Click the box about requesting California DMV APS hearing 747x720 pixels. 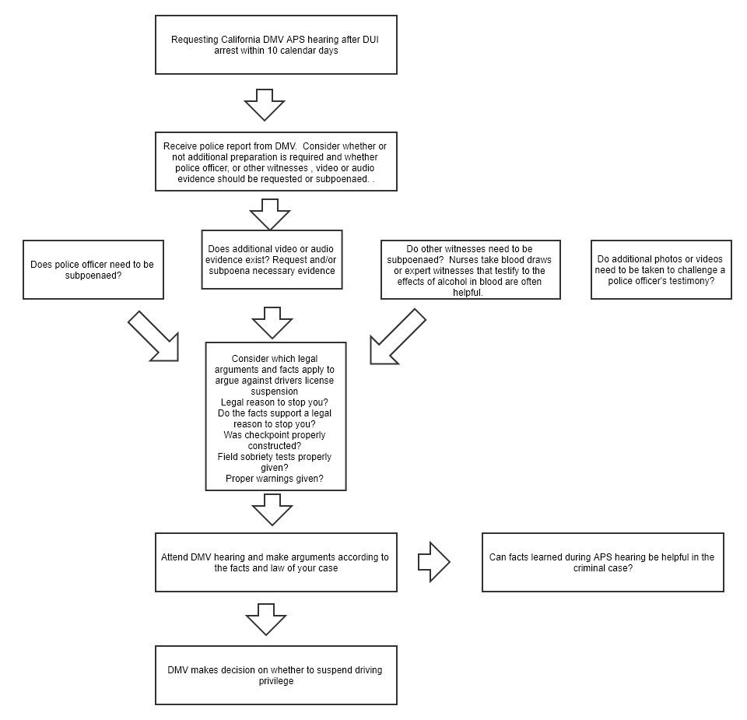point(275,45)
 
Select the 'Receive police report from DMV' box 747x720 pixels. point(275,162)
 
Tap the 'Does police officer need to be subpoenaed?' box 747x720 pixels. point(93,269)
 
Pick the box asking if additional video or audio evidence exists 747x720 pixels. point(272,260)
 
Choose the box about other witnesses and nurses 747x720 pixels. point(471,269)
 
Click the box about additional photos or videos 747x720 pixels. point(661,269)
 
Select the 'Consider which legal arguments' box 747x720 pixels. point(275,416)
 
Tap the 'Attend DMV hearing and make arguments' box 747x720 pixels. point(275,562)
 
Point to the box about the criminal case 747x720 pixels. point(603,562)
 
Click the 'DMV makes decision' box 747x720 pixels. point(275,675)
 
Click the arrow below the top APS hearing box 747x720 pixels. point(265,105)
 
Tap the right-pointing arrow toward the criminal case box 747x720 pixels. point(434,562)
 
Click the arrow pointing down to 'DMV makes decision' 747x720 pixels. point(266,620)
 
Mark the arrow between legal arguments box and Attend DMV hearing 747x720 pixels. point(272,509)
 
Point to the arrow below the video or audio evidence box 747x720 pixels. point(272,322)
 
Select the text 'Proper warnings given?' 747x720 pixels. point(275,479)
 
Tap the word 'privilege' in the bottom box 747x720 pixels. point(275,681)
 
